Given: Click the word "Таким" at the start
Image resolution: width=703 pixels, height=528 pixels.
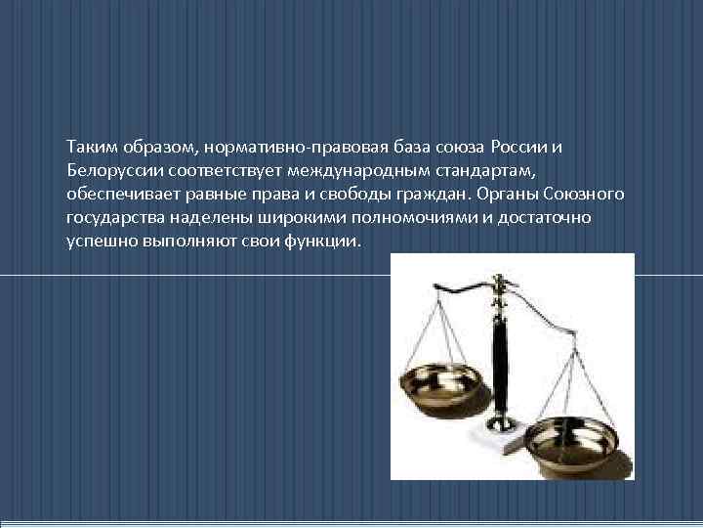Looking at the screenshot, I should (x=89, y=147).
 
